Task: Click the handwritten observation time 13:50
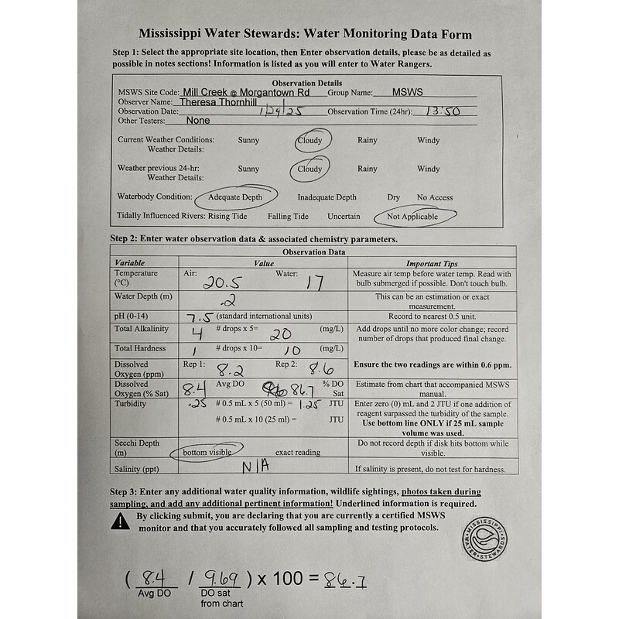point(438,111)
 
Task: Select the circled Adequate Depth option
point(234,197)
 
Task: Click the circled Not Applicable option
point(412,217)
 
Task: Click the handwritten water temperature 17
point(313,283)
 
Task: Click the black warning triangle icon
point(121,522)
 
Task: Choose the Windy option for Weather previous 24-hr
point(428,169)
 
